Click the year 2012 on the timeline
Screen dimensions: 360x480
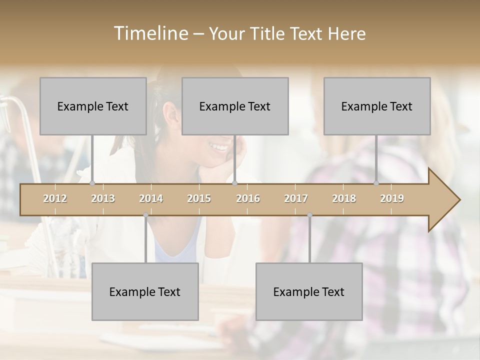[55, 198]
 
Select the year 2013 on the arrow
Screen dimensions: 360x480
[103, 198]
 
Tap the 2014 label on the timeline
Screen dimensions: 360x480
[151, 198]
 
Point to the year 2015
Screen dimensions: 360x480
[199, 198]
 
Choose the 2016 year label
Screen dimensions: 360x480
[248, 198]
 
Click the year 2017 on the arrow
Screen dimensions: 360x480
[296, 198]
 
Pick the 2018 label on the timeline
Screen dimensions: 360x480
[344, 198]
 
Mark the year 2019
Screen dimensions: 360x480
[392, 198]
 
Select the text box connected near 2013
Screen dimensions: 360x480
[93, 106]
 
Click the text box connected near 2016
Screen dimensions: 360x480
[235, 106]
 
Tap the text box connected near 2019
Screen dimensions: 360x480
[377, 106]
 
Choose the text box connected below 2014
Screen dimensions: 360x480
[145, 291]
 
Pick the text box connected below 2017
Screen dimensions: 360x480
[309, 291]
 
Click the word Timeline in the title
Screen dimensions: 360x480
[150, 33]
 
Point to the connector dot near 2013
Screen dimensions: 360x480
[92, 183]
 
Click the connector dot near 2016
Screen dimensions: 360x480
[234, 183]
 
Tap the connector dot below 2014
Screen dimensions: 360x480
[145, 215]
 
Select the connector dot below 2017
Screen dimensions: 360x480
[309, 215]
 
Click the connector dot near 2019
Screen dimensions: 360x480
[376, 183]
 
